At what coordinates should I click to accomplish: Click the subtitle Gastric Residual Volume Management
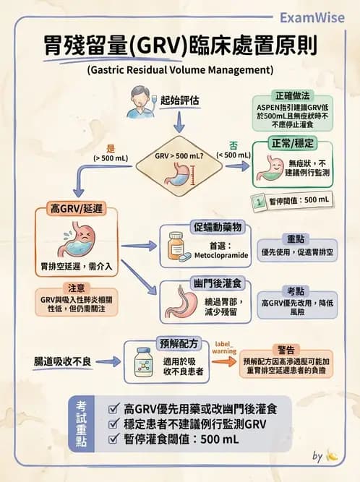pyautogui.click(x=179, y=71)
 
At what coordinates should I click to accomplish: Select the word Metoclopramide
pyautogui.click(x=218, y=256)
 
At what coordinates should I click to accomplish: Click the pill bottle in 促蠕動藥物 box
pyautogui.click(x=176, y=246)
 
